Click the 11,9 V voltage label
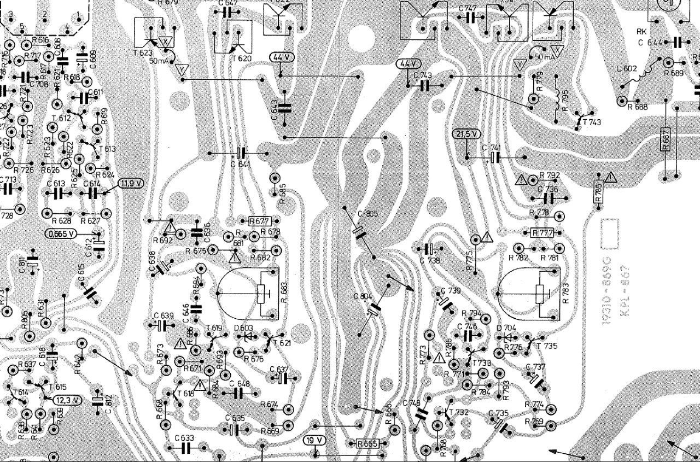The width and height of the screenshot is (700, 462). tap(130, 184)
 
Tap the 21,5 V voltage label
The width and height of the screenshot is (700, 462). tap(466, 133)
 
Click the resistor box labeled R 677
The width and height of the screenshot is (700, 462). tap(259, 221)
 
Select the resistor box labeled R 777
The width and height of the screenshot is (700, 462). tap(542, 233)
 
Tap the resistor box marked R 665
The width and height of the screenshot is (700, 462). tap(367, 443)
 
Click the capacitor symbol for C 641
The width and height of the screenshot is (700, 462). tap(241, 153)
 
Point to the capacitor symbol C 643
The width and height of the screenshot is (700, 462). tap(284, 108)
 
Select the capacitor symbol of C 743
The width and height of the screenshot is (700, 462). tap(425, 85)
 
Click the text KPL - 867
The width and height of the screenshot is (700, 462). tap(625, 292)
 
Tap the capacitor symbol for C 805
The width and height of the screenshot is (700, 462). tap(358, 233)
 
